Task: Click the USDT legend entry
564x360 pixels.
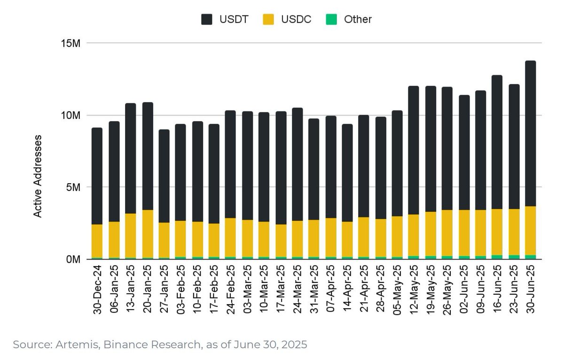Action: coord(224,19)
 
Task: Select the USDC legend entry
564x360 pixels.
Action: coord(286,19)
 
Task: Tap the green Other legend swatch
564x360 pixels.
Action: coord(332,19)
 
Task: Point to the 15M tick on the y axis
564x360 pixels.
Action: coord(71,43)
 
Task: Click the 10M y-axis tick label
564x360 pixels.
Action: coord(71,116)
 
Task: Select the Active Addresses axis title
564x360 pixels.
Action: coord(38,176)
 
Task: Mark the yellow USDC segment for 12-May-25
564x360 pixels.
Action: coord(414,235)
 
